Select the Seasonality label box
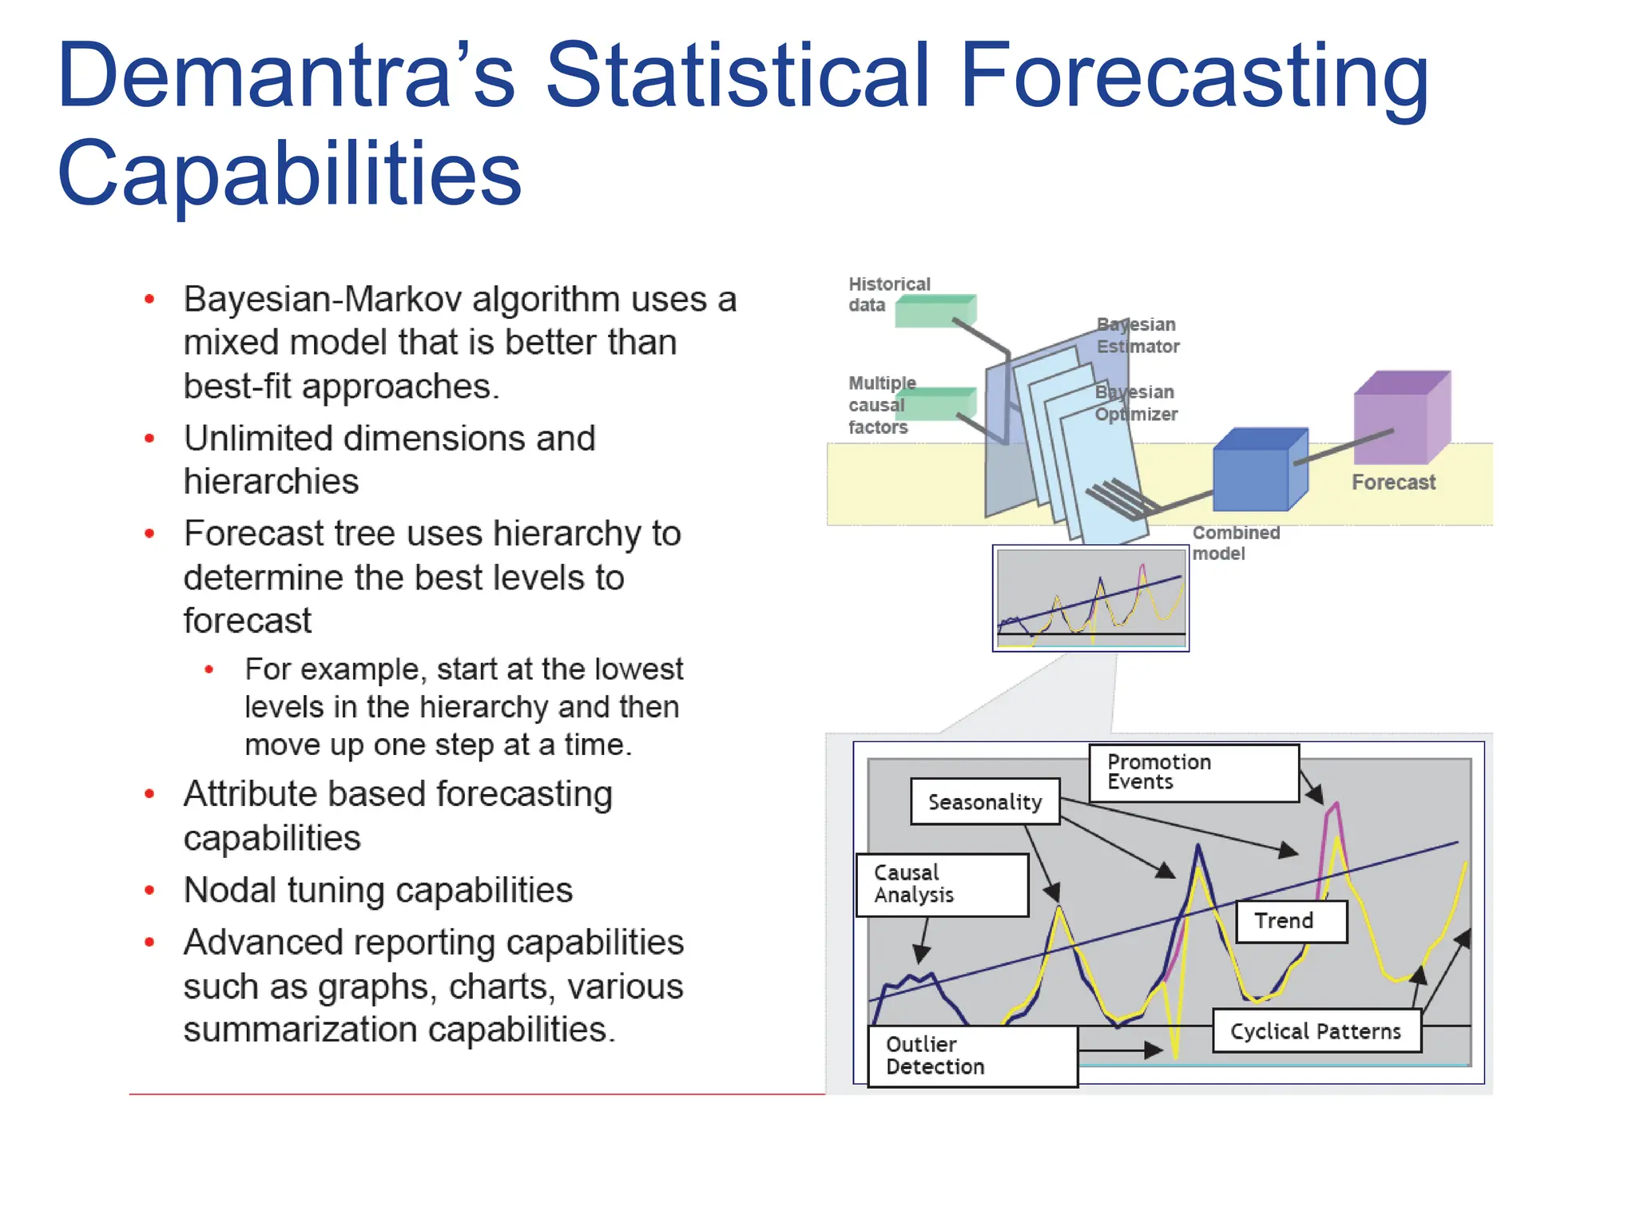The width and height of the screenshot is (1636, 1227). pos(984,801)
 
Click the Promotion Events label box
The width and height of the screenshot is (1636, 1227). pos(1193,772)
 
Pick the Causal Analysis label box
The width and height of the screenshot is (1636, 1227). pos(941,884)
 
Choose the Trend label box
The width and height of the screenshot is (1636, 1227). pos(1290,921)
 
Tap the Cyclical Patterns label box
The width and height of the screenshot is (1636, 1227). pos(1316,1031)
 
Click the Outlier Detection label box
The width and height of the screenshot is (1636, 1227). pos(971,1056)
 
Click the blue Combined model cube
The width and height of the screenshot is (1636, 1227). pos(1258,471)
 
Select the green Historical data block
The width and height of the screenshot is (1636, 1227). pos(935,312)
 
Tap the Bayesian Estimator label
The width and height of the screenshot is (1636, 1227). pos(1138,336)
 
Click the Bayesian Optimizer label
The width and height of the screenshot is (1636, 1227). pos(1136,403)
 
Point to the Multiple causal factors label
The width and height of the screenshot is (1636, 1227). pos(879,405)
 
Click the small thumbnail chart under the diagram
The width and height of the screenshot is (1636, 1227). pos(1090,598)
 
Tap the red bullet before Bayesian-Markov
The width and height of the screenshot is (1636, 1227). pos(149,300)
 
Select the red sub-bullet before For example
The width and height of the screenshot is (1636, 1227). pos(209,669)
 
